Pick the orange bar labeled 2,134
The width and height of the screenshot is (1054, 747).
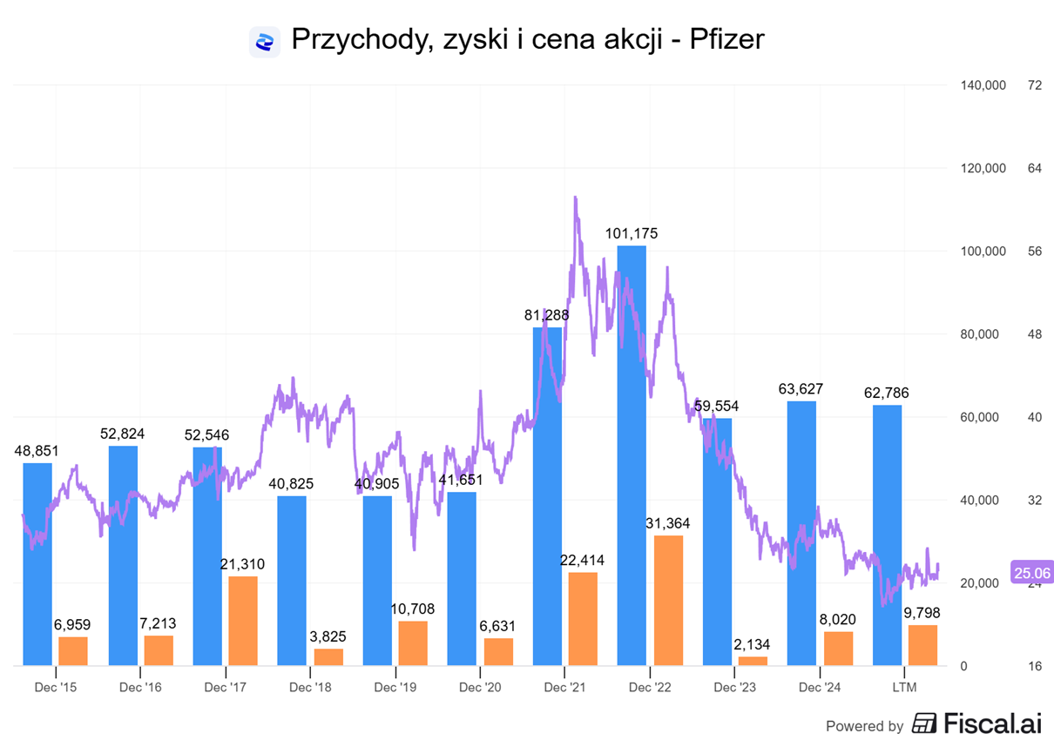753,661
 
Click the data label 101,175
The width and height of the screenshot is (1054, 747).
632,233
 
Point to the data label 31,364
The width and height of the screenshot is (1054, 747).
668,522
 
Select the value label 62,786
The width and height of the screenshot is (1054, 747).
887,393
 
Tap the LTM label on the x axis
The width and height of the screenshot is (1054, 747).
905,687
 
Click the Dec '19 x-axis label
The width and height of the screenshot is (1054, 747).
395,687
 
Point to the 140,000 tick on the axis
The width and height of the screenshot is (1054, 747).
983,85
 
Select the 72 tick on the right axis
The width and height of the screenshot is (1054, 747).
1035,85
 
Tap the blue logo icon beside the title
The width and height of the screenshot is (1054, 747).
265,41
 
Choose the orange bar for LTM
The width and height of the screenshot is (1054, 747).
922,645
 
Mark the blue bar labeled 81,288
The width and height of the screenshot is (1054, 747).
547,496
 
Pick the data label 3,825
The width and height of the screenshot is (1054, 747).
328,636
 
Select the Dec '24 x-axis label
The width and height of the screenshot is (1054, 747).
821,687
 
